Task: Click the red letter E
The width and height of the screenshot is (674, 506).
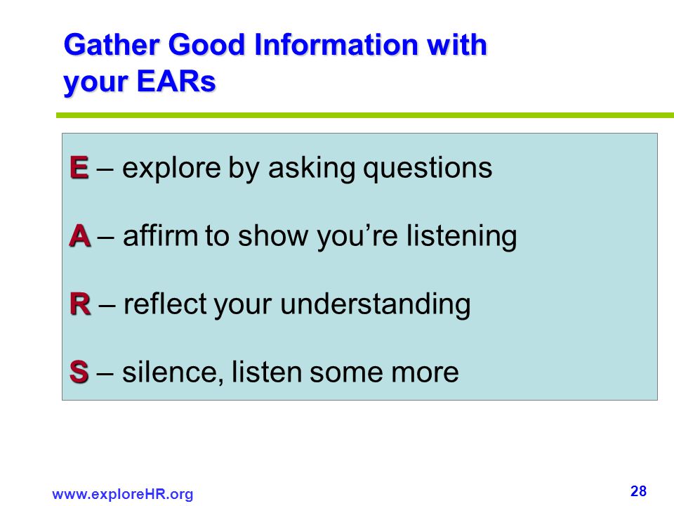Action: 79,167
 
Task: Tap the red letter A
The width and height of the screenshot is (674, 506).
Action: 80,236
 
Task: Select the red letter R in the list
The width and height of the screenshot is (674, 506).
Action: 80,304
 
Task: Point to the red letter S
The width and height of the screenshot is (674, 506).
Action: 79,372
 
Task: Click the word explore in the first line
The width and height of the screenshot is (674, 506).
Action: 171,168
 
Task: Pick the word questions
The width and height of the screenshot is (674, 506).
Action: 428,168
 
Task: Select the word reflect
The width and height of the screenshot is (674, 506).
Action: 165,304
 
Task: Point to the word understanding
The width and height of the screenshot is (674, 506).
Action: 375,304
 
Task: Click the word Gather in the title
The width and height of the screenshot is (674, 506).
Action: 112,44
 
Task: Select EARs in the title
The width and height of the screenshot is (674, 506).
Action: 176,81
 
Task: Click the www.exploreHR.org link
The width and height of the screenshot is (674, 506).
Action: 122,494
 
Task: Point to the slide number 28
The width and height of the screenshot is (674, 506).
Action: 638,491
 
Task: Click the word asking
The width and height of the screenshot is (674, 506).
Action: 312,168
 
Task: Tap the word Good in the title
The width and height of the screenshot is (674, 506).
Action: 206,44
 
